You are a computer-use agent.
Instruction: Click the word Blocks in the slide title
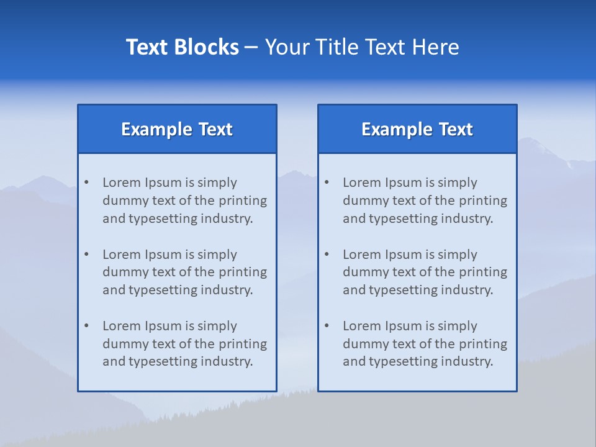coord(207,47)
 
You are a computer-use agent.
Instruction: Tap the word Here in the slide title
coord(436,47)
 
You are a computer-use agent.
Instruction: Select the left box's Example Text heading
coord(177,129)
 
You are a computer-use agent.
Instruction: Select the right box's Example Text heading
coord(417,129)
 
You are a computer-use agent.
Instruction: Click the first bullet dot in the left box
coord(87,183)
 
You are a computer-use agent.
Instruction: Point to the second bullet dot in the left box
coord(87,255)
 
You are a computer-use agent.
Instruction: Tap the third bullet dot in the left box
coord(87,326)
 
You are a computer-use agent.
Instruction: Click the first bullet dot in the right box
coord(327,183)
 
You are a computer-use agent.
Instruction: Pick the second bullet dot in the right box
coord(327,255)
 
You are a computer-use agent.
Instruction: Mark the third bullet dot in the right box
coord(327,326)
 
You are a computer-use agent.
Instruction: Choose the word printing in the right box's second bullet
coord(483,272)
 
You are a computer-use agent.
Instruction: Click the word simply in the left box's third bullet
coord(217,326)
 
